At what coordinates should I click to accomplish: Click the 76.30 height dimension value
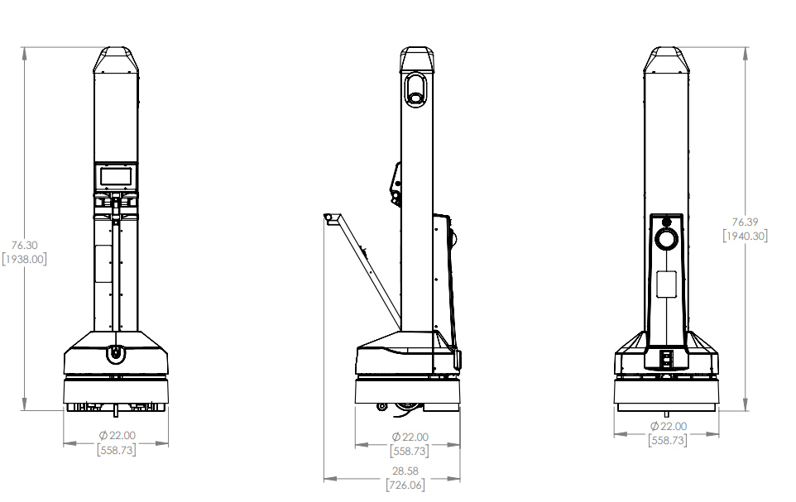24,245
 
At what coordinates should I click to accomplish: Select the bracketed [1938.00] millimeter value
24,260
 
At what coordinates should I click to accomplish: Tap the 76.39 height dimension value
746,222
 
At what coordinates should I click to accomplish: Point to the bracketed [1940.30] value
746,236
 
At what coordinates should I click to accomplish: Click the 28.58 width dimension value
405,471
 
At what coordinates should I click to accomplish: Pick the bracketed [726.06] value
405,485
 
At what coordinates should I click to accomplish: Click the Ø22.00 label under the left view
117,436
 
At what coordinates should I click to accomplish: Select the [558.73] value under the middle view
409,451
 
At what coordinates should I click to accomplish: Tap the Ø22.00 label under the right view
668,427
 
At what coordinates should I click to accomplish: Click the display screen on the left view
116,177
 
